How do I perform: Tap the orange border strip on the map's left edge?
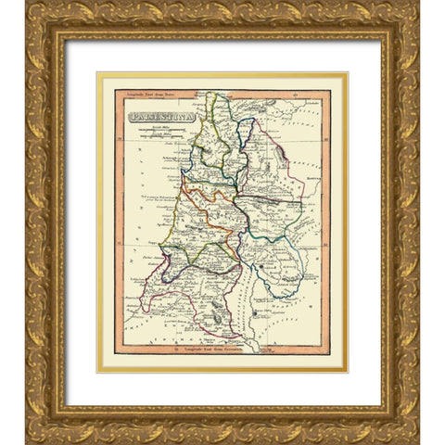coord(118,222)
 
